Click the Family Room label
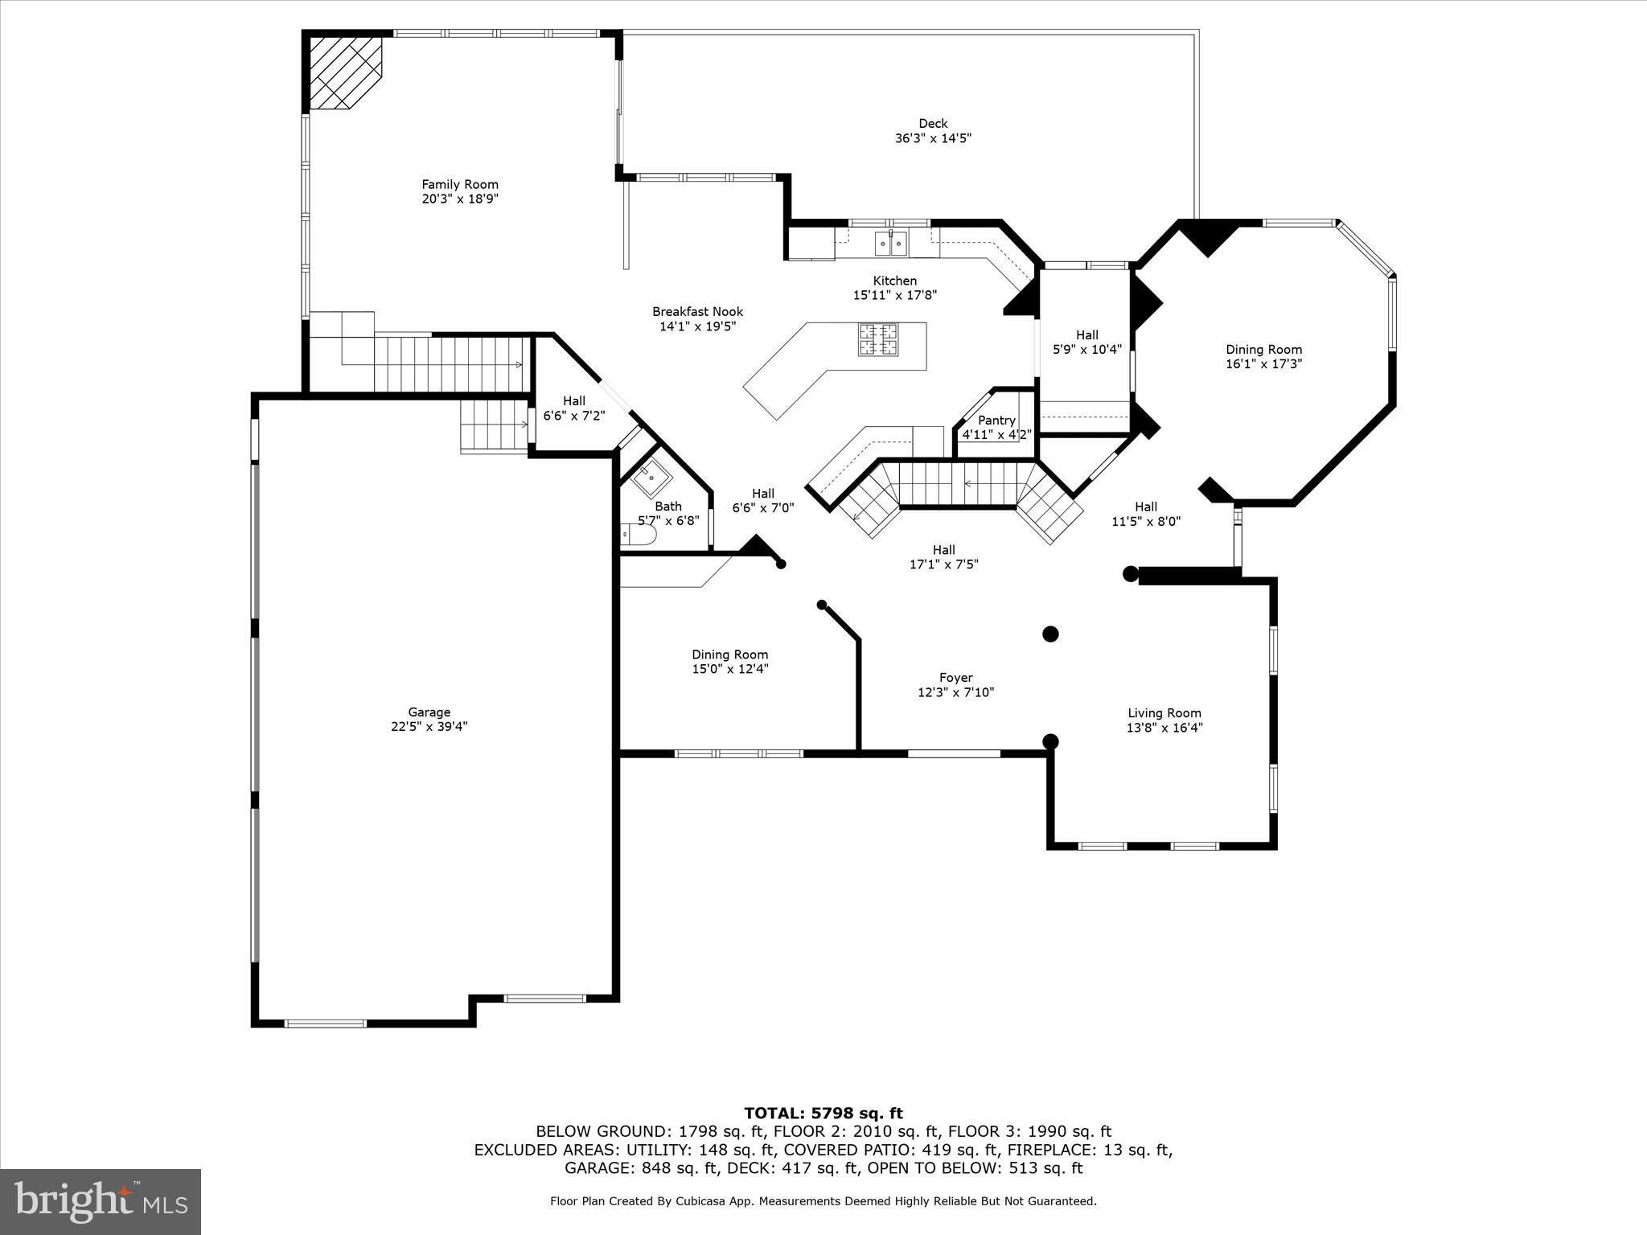(460, 184)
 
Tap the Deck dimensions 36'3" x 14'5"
(933, 138)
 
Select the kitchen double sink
(891, 241)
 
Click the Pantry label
(996, 421)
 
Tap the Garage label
(429, 712)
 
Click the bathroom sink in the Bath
(651, 480)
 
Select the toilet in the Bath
(639, 534)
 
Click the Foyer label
(955, 678)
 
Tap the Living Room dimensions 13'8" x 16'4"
(1164, 728)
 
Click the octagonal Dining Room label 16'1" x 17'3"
(1263, 350)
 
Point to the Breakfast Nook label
(697, 312)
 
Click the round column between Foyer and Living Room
(1050, 634)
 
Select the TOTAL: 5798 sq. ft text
(823, 1114)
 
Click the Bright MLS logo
(101, 1202)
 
